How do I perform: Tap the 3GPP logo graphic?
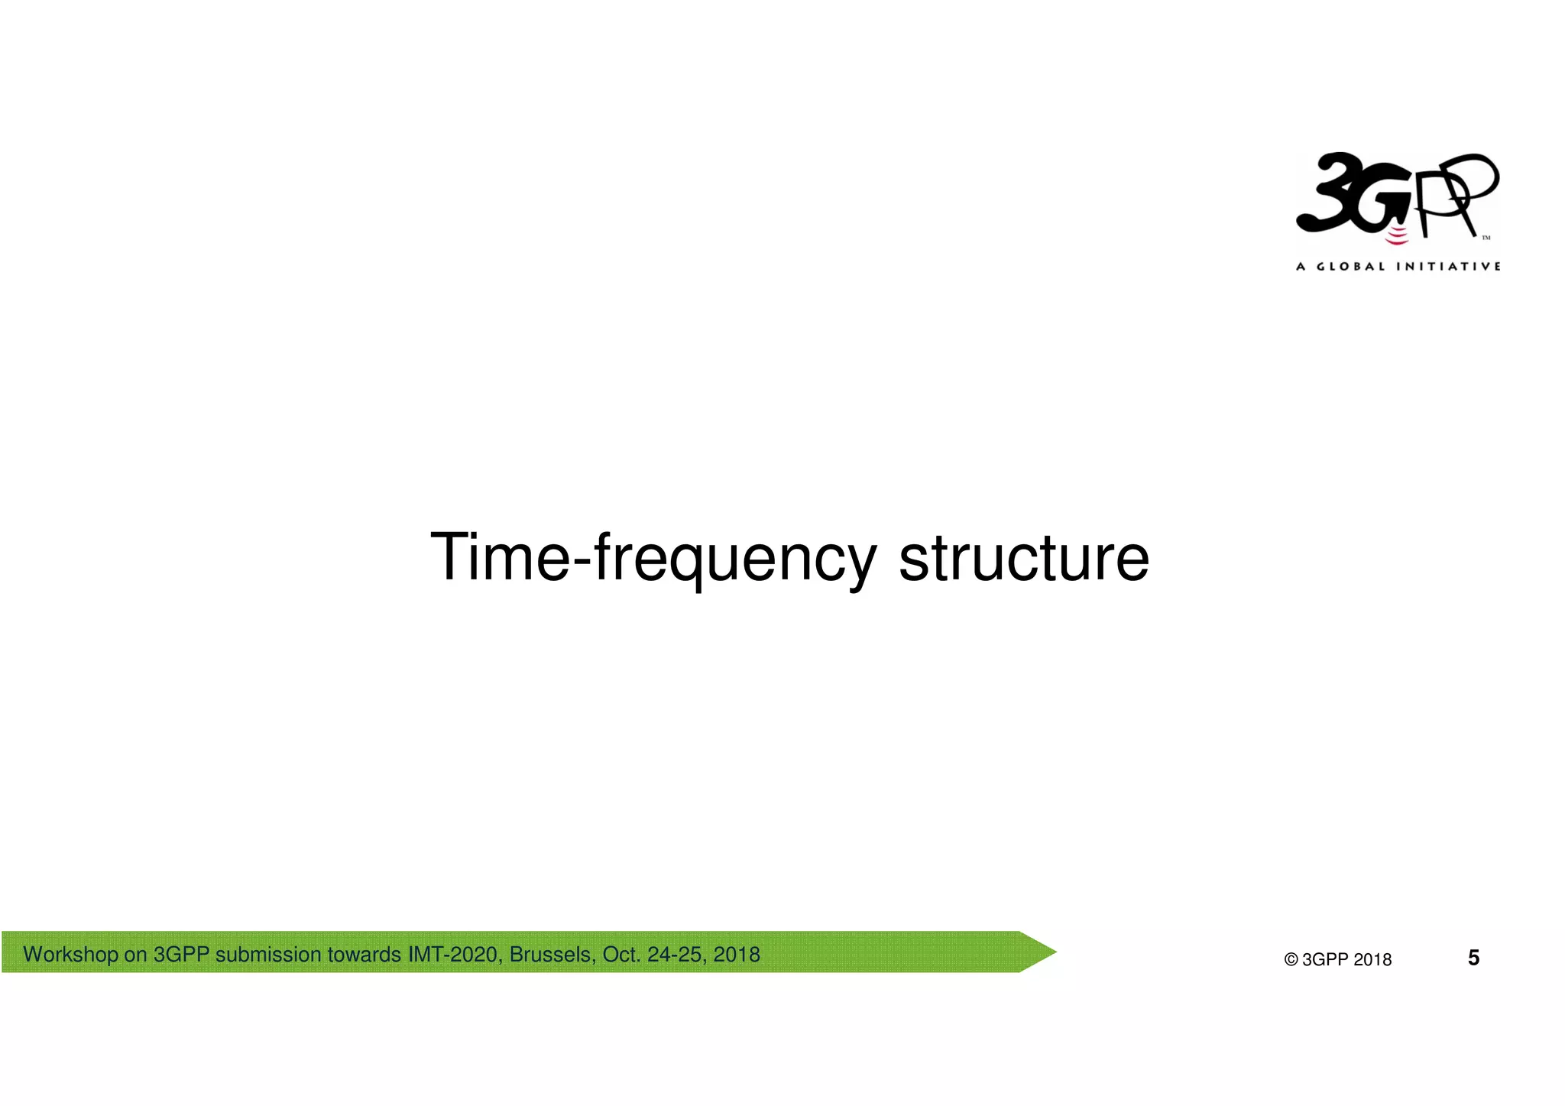1397,196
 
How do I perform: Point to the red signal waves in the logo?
1397,235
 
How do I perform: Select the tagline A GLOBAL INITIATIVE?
1398,267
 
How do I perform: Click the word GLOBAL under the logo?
1350,267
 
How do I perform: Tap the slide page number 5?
1473,958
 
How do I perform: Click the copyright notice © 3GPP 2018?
1337,960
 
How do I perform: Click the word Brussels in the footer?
552,955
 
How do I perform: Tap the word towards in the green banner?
365,955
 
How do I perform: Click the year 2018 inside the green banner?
737,955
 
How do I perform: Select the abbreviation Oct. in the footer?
621,955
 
